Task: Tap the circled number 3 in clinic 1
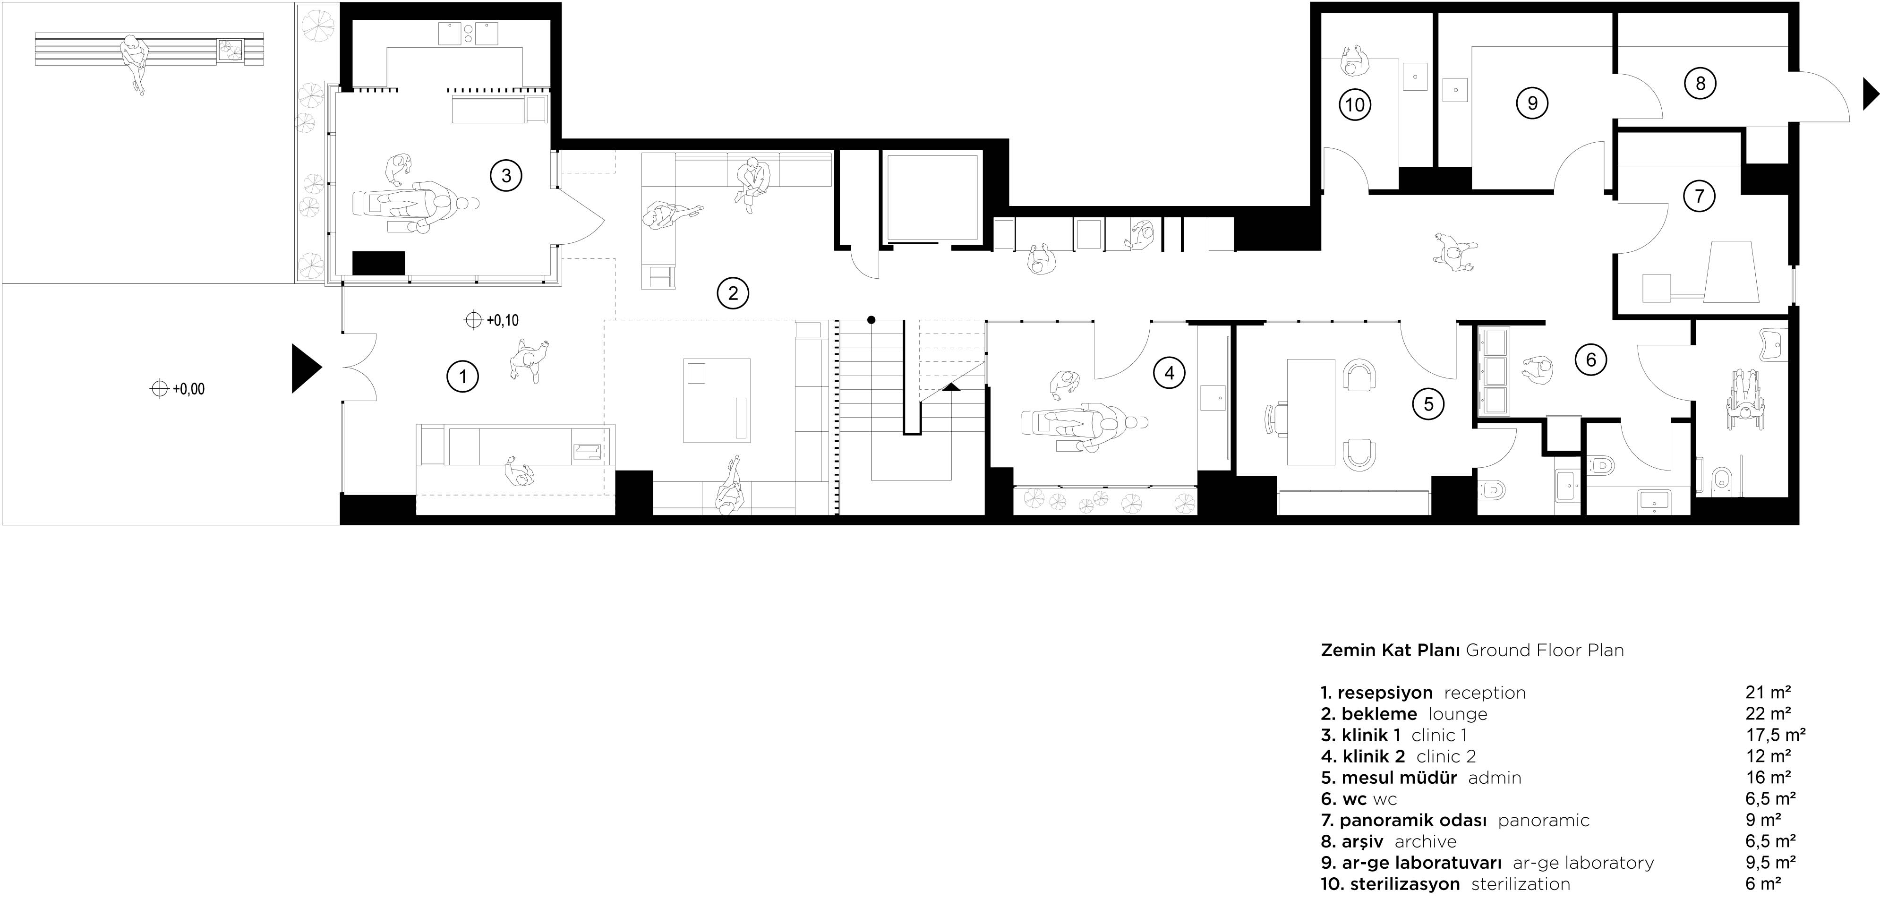[506, 175]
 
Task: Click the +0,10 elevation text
[502, 320]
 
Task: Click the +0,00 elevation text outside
[188, 389]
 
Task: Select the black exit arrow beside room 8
[1871, 94]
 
